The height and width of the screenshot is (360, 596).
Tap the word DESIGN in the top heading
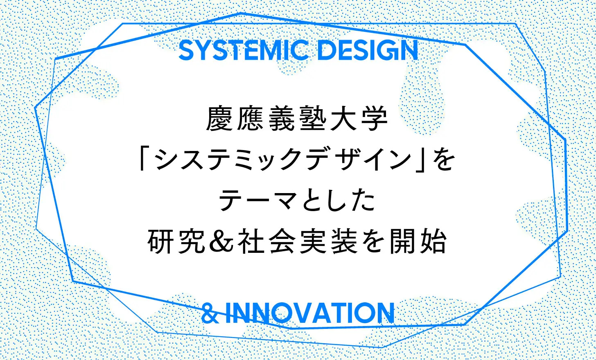point(368,51)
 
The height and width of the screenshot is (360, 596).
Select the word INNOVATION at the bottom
point(310,313)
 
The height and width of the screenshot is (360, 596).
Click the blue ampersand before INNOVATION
point(210,313)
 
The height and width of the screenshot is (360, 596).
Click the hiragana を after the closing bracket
point(443,159)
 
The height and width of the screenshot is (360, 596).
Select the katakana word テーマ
point(257,200)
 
